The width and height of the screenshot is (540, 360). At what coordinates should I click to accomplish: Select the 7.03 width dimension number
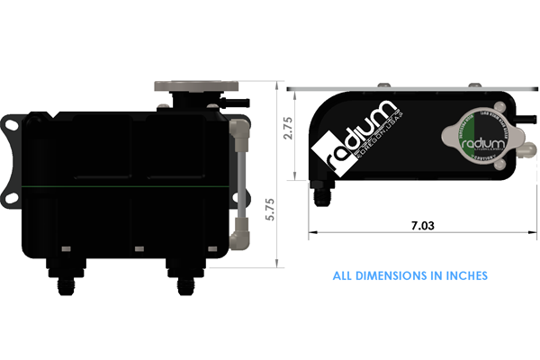[420, 227]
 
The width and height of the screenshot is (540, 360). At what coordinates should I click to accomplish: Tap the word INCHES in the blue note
[463, 275]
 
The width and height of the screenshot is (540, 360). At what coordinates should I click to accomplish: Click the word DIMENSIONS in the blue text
[394, 275]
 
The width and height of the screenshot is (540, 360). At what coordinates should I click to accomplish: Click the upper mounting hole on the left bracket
[11, 124]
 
